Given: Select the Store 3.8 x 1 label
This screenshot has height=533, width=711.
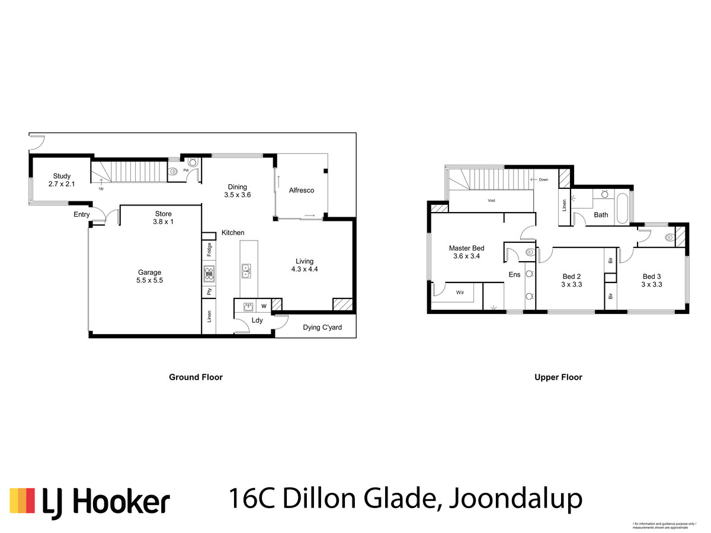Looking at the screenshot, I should pos(163,218).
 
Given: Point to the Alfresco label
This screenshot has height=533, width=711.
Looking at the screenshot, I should pos(301,190).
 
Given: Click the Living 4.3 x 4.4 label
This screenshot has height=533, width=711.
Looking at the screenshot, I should pos(305,265).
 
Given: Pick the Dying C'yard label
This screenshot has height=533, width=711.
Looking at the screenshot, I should pos(322,327).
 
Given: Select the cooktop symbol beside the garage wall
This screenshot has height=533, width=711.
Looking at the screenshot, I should pos(209,273).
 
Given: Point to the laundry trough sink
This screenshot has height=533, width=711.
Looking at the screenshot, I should pos(248,306).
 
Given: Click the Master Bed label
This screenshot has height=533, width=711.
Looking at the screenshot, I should pos(466,252).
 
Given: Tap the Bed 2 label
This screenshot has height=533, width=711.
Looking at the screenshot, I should pos(571,280).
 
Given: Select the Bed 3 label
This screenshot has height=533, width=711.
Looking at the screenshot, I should pos(652,280).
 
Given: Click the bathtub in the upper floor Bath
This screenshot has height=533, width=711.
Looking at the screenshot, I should pos(622,209).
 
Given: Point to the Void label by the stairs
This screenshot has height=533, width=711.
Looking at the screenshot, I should pos(491,201).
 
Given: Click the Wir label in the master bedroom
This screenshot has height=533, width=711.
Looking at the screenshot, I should pos(460,293).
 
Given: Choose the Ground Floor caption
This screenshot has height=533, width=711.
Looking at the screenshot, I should pos(196,377).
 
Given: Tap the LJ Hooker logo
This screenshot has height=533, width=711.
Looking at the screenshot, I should pos(89,502).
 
